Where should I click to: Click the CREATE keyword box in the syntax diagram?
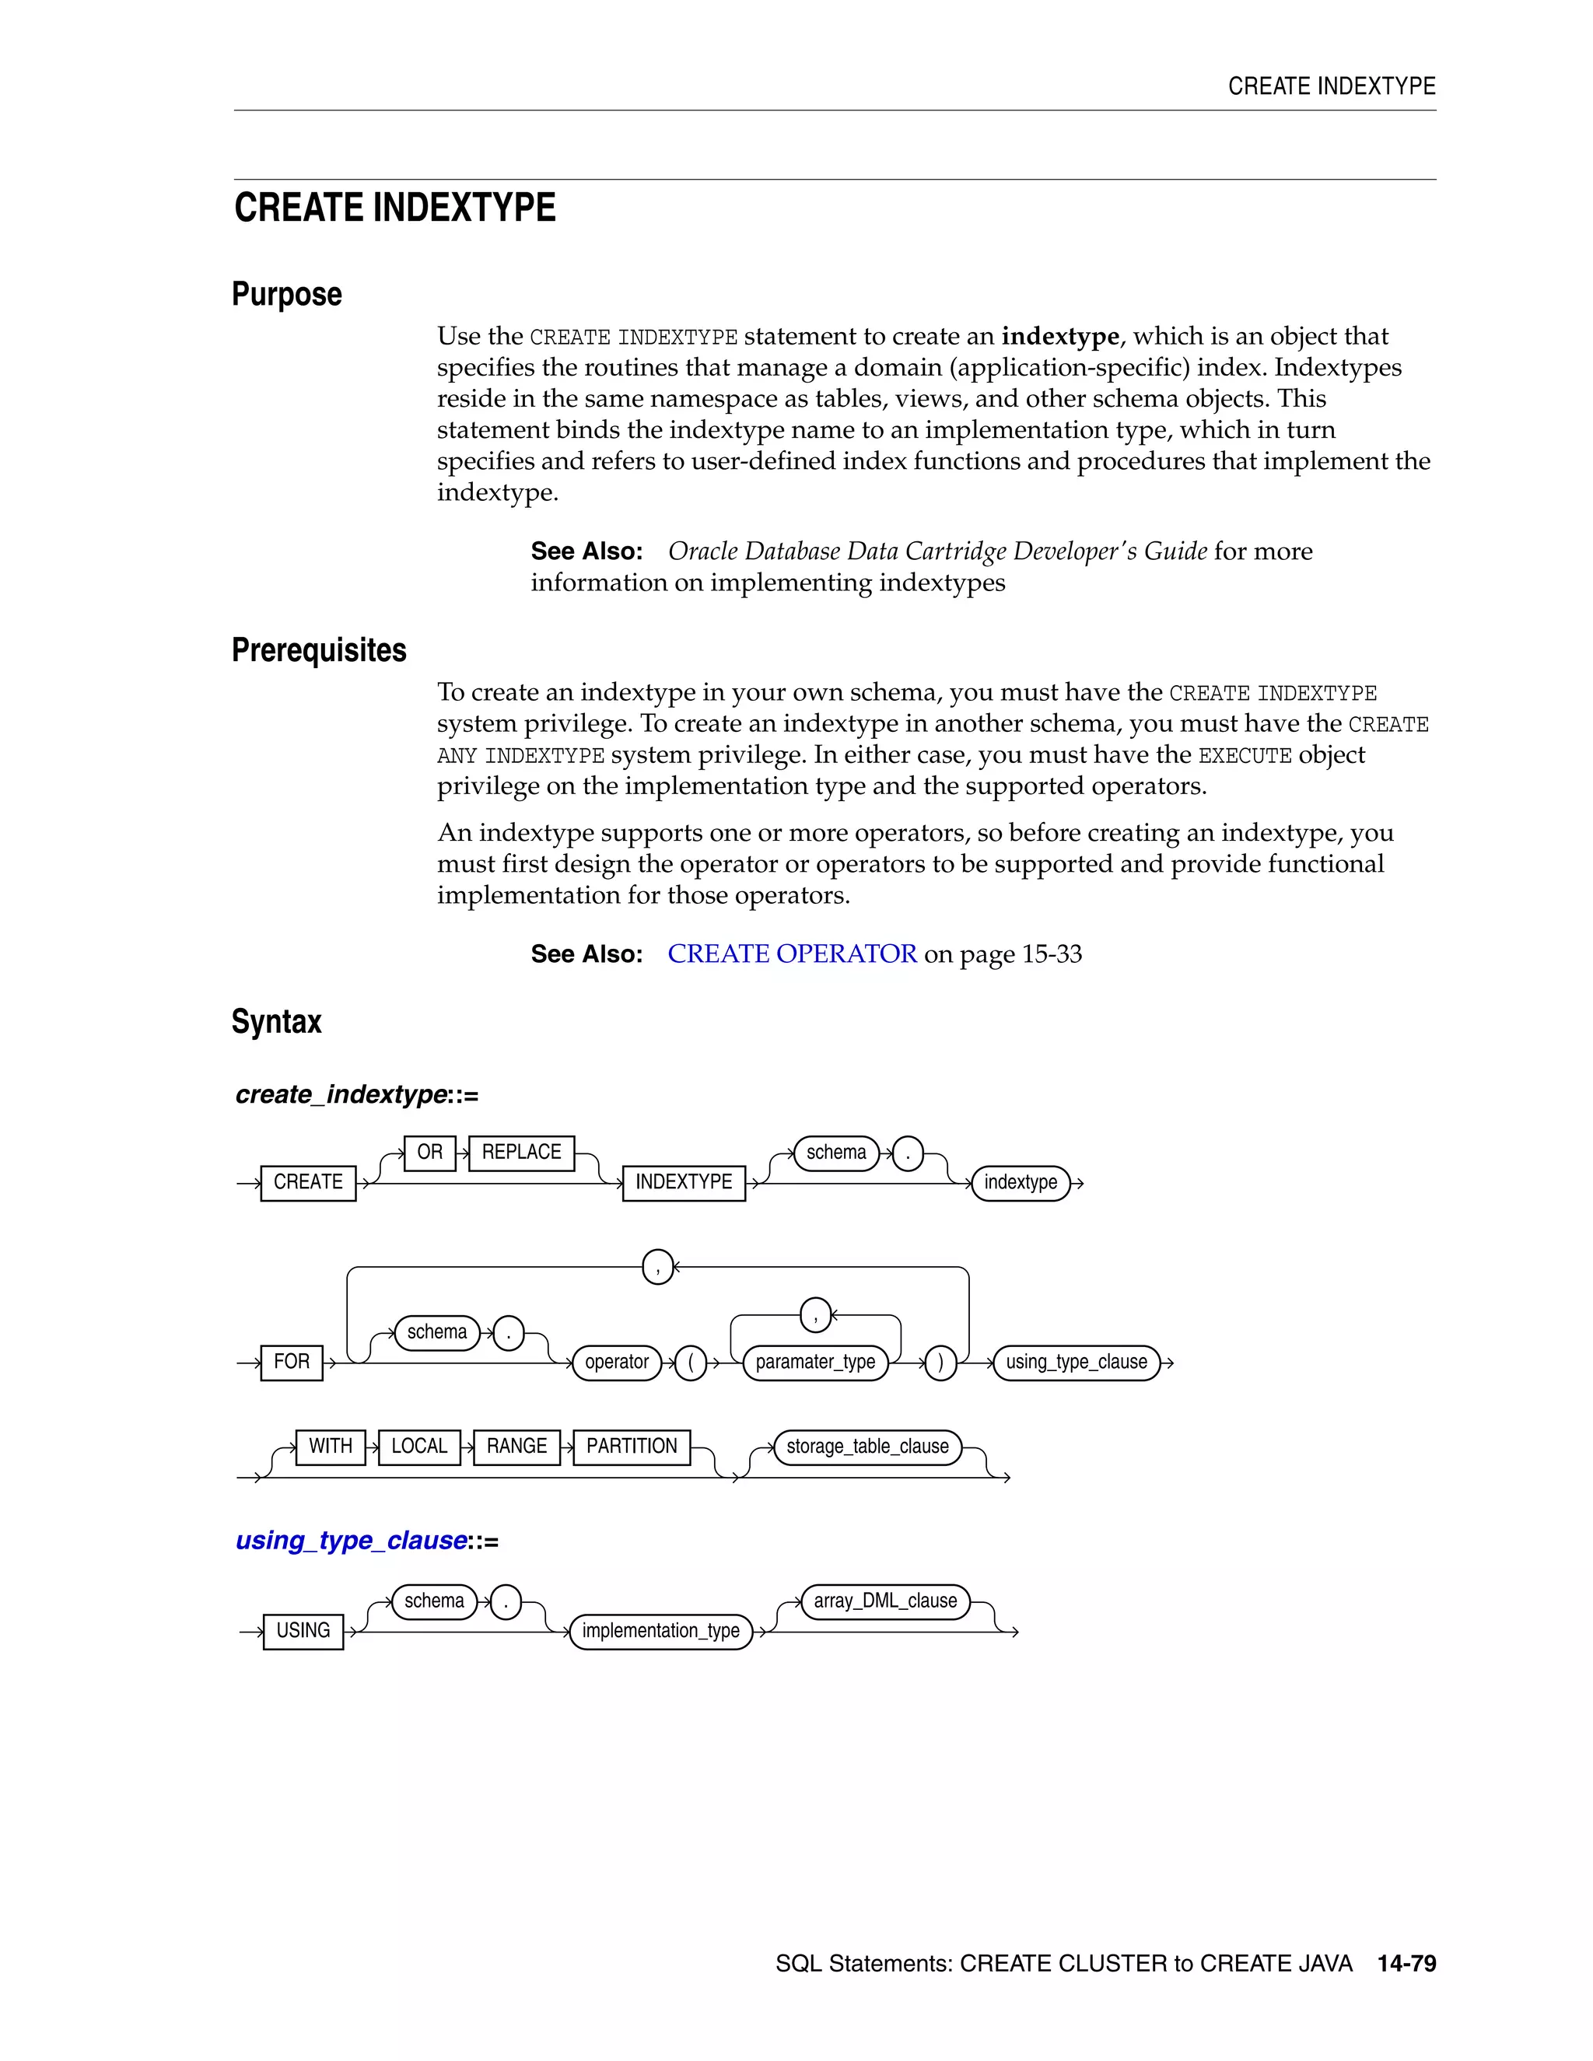pyautogui.click(x=308, y=1182)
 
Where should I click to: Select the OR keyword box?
pyautogui.click(x=429, y=1153)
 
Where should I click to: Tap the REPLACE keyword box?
pyautogui.click(x=521, y=1153)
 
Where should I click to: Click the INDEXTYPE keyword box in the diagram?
pyautogui.click(x=683, y=1182)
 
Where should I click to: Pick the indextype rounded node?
pyautogui.click(x=1021, y=1182)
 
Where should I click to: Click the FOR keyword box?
pyautogui.click(x=292, y=1362)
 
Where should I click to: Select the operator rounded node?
pyautogui.click(x=616, y=1362)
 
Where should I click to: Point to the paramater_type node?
pyautogui.click(x=815, y=1362)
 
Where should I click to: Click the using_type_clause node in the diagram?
pyautogui.click(x=1076, y=1362)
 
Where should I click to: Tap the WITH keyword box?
pyautogui.click(x=331, y=1447)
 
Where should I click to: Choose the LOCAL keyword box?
pyautogui.click(x=419, y=1447)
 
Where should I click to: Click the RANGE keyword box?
pyautogui.click(x=516, y=1447)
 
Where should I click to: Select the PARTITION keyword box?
pyautogui.click(x=632, y=1447)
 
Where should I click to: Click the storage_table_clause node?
pyautogui.click(x=867, y=1447)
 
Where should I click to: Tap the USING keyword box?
pyautogui.click(x=303, y=1631)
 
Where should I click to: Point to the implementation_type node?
pyautogui.click(x=660, y=1631)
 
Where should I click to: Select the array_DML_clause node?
pyautogui.click(x=885, y=1601)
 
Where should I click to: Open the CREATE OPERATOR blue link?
pyautogui.click(x=792, y=954)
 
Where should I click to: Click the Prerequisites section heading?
pyautogui.click(x=319, y=650)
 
